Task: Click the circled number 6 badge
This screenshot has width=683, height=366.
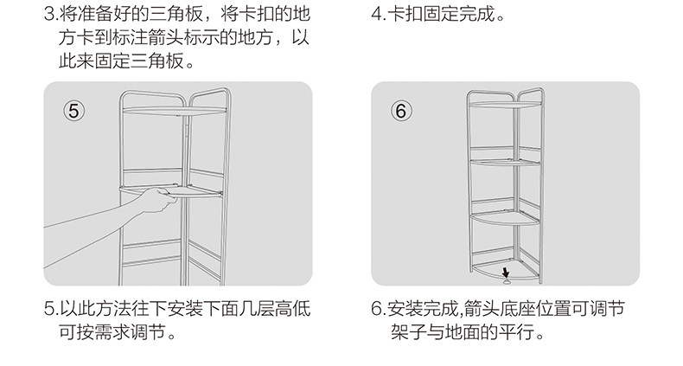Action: tap(400, 111)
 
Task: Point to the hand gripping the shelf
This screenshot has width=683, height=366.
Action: tap(154, 202)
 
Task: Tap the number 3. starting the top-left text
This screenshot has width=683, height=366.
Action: tap(50, 16)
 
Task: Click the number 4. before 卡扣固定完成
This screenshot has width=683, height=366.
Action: tap(378, 16)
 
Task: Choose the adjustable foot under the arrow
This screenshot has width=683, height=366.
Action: tap(507, 279)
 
